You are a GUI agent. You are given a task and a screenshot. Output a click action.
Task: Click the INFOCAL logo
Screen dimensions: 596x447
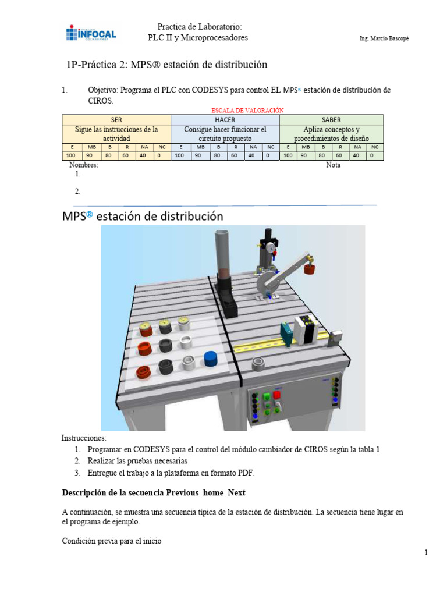tap(91, 33)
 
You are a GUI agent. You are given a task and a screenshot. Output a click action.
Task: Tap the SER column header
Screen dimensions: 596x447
tap(116, 119)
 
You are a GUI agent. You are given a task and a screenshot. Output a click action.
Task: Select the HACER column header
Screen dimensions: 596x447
tap(225, 119)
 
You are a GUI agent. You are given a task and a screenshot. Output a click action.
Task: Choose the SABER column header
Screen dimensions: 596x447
tap(331, 119)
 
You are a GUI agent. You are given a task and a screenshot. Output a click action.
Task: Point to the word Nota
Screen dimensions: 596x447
tap(334, 165)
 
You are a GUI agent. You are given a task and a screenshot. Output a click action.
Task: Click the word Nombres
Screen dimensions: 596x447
tap(83, 165)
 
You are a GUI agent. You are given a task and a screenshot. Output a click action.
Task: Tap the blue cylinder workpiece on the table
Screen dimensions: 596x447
tap(211, 357)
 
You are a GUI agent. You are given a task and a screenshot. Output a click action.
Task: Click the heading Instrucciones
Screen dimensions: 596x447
tap(84, 438)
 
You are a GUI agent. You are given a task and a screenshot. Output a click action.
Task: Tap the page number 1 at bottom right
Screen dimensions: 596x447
tap(426, 552)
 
